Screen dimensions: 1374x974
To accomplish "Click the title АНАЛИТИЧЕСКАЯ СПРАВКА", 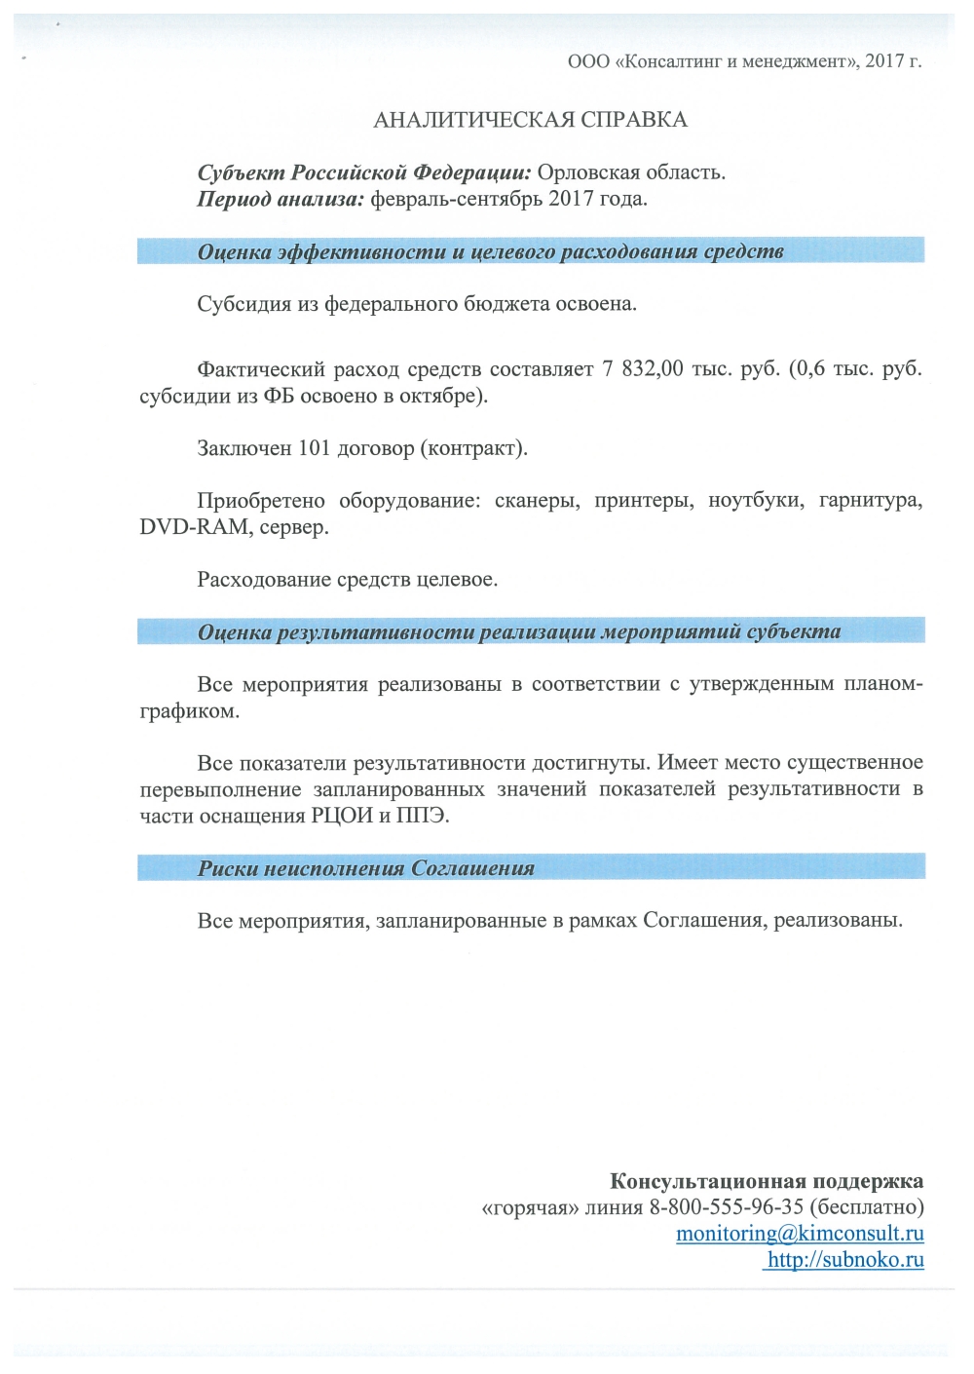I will [x=530, y=120].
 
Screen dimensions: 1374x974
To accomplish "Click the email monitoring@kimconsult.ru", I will [x=800, y=1234].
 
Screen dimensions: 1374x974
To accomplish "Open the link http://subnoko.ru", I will [x=845, y=1260].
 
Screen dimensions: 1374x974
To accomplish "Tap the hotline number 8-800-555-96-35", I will [x=726, y=1207].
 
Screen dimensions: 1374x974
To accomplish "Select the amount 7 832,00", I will [x=643, y=369].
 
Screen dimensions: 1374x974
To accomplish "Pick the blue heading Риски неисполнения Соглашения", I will [x=366, y=868].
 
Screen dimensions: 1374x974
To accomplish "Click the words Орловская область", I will [x=630, y=172].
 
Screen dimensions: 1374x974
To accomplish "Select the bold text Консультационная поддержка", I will [x=767, y=1181].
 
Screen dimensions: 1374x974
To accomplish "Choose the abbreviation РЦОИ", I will [x=342, y=816].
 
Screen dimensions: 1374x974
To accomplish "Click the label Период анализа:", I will [x=281, y=199].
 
